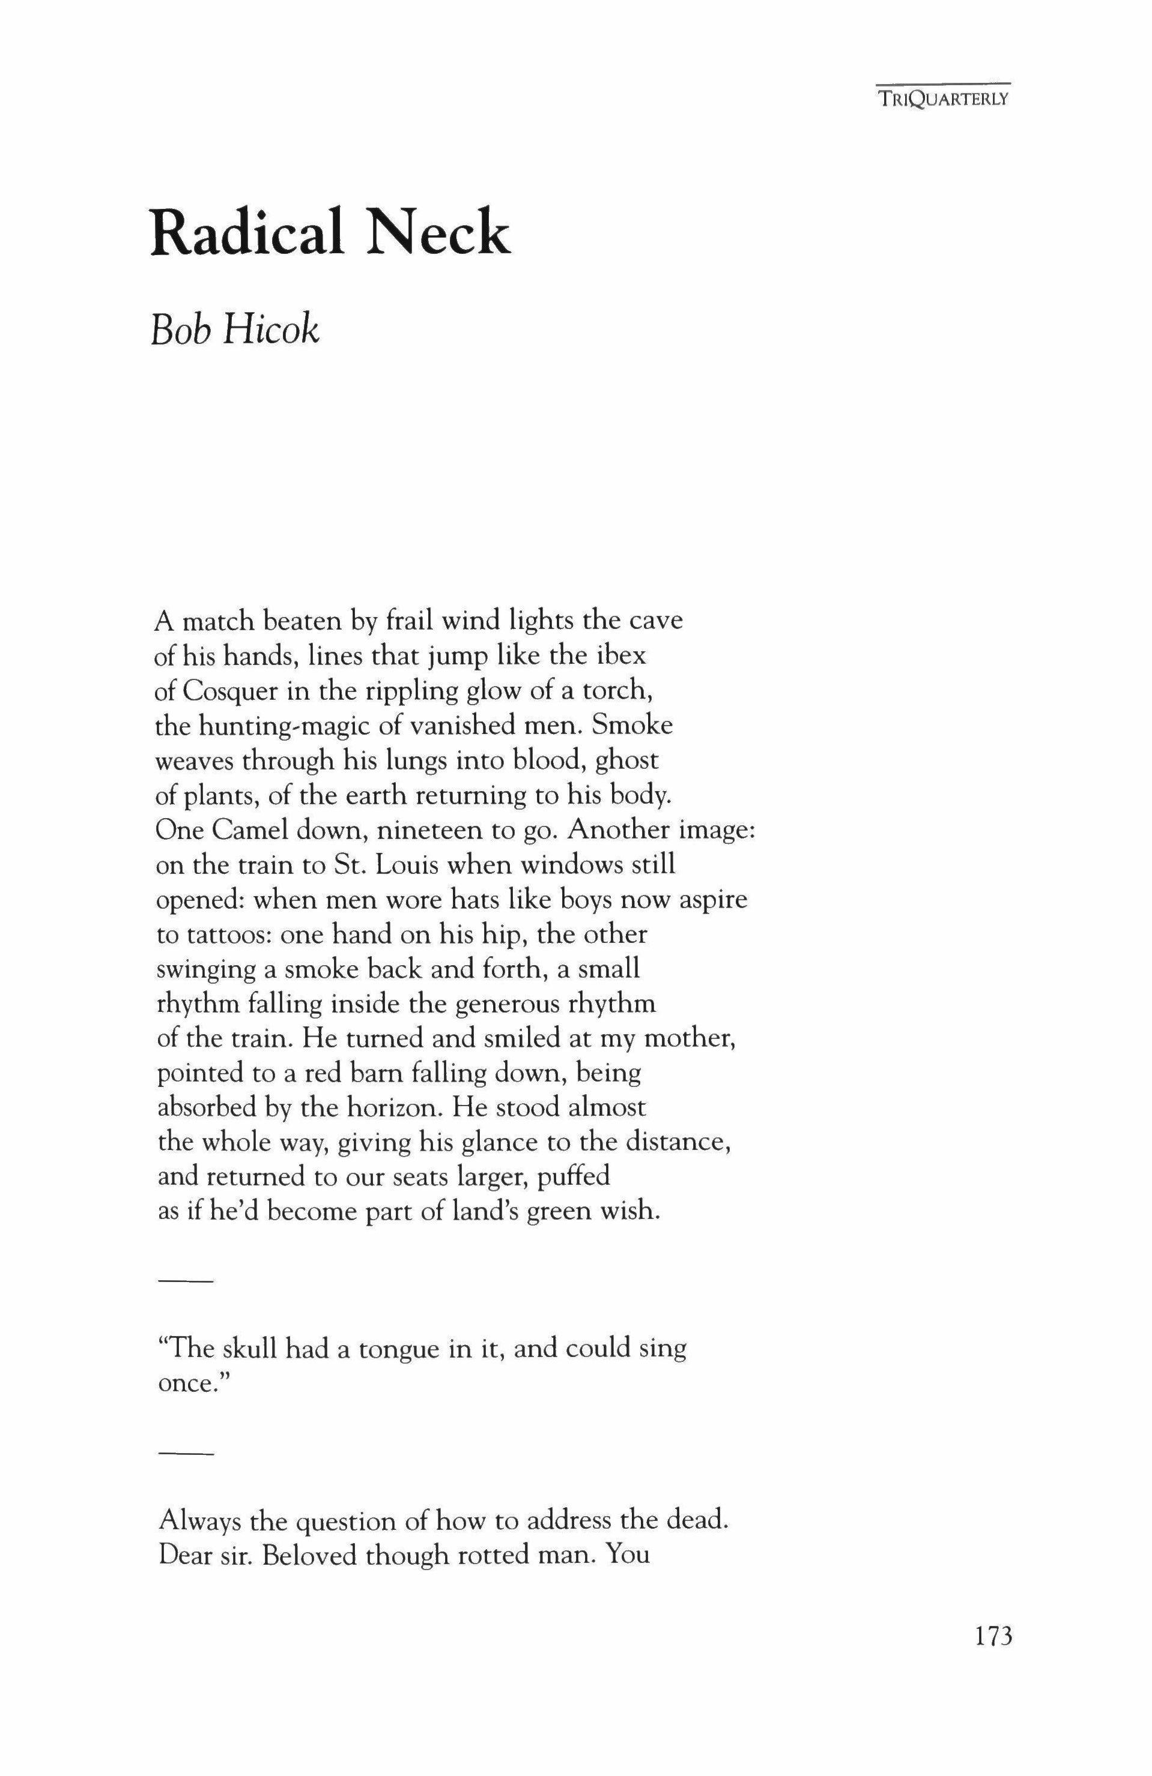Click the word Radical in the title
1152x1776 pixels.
point(247,233)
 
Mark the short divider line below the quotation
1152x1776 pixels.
point(186,1454)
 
